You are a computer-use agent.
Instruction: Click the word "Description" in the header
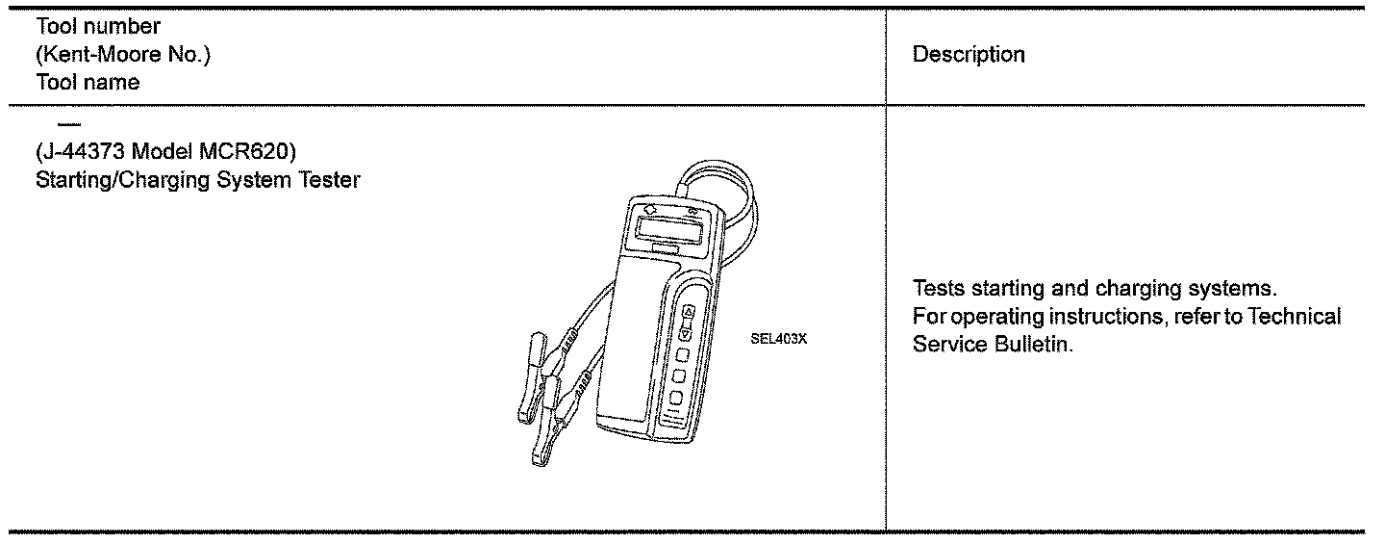coord(969,55)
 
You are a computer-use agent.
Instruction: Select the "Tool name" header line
coord(86,83)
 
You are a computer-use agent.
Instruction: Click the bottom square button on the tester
coord(677,397)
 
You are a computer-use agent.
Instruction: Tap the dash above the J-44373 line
coord(66,125)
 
